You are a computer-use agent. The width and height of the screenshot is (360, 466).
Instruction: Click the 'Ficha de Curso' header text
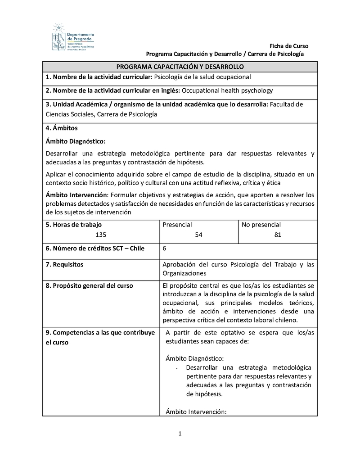click(x=288, y=46)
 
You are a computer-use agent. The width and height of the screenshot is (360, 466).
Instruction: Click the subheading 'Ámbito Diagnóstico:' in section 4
click(x=76, y=141)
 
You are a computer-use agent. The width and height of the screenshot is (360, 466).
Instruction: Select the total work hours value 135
click(x=101, y=235)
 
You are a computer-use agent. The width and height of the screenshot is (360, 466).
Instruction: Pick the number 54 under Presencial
click(x=198, y=235)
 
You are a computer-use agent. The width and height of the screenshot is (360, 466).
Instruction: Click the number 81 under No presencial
click(x=278, y=235)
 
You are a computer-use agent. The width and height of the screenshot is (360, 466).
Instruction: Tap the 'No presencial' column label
click(x=261, y=224)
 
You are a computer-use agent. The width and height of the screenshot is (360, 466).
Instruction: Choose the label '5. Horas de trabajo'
click(x=74, y=224)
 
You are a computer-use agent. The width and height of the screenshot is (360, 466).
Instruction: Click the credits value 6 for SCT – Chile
click(x=165, y=248)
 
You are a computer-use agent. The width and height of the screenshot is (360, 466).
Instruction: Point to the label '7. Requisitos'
click(x=64, y=264)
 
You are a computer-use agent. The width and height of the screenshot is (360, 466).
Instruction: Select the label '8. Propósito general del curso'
click(x=89, y=285)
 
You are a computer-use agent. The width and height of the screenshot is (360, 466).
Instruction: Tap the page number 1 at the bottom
click(x=180, y=434)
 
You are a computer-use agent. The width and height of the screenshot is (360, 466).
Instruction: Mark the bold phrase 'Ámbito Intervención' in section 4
click(x=76, y=195)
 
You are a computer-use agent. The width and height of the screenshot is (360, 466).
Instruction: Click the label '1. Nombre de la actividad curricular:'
click(x=99, y=77)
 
